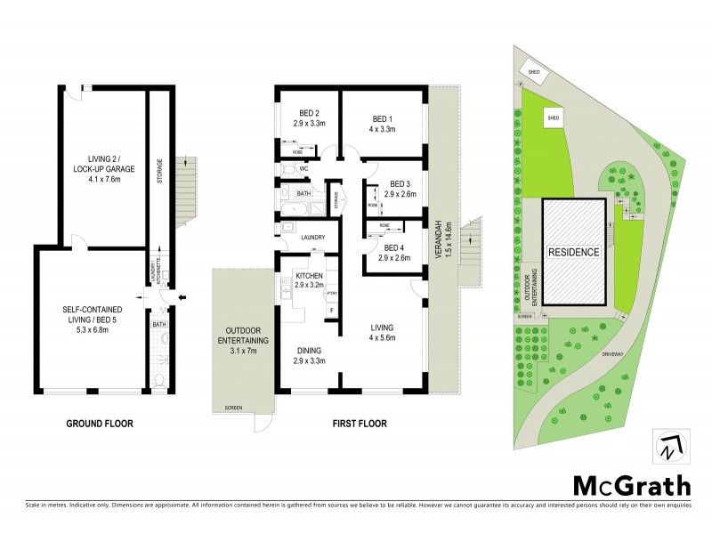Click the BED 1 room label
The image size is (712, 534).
[x=383, y=119]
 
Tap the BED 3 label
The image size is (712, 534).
[x=400, y=183]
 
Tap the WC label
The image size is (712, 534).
[x=303, y=167]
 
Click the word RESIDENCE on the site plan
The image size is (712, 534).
[x=572, y=252]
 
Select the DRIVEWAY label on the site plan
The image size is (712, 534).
[x=618, y=352]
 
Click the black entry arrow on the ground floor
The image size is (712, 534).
[x=182, y=297]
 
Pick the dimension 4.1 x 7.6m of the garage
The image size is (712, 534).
[x=102, y=178]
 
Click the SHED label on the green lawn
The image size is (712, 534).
[x=553, y=117]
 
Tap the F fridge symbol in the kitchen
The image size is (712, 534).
[x=331, y=311]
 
